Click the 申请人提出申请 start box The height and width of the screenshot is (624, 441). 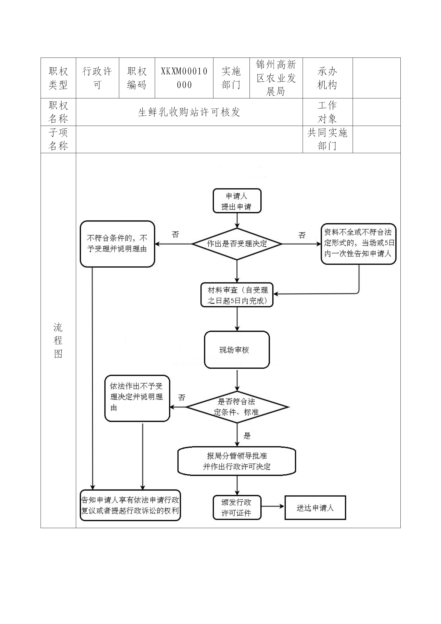click(237, 201)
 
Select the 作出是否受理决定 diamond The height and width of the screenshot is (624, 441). click(237, 244)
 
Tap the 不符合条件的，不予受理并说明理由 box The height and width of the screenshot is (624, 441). click(117, 244)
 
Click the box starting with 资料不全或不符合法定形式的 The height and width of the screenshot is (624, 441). click(358, 243)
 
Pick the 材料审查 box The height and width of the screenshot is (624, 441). click(237, 295)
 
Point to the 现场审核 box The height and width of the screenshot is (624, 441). click(237, 350)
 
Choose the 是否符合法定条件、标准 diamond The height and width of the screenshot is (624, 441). click(237, 407)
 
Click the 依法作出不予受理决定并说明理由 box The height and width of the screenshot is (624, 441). click(137, 398)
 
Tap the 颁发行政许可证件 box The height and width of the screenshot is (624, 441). click(237, 508)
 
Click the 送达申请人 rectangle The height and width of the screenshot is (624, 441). click(315, 508)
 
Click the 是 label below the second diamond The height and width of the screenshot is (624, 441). click(247, 436)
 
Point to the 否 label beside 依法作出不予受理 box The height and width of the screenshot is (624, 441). click(181, 397)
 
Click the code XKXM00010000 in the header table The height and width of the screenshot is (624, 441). click(184, 78)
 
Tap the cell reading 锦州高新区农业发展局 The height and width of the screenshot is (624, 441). click(276, 78)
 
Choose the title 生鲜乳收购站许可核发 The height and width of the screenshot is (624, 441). click(189, 112)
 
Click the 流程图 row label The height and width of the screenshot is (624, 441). click(58, 340)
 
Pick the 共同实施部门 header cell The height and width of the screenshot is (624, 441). click(327, 139)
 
